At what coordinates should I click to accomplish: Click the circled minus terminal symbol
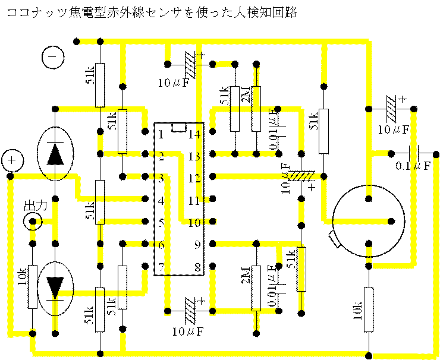tap(53, 58)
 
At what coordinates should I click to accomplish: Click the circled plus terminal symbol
tap(12, 160)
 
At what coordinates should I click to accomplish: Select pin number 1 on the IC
tap(161, 134)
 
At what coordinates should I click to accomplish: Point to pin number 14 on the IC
tap(194, 134)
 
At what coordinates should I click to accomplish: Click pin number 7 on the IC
tap(161, 267)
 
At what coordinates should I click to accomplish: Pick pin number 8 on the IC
tap(194, 267)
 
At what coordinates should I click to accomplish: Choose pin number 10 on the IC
tap(194, 223)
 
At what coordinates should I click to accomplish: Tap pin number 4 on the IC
tap(161, 201)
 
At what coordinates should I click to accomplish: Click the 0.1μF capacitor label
tap(413, 166)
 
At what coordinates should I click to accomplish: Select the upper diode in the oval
tap(55, 153)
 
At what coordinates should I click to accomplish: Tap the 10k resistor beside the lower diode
tap(33, 286)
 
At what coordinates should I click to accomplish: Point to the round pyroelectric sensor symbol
tap(369, 221)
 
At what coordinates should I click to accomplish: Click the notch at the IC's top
tap(178, 127)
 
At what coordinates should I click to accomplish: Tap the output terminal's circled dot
tap(33, 222)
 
